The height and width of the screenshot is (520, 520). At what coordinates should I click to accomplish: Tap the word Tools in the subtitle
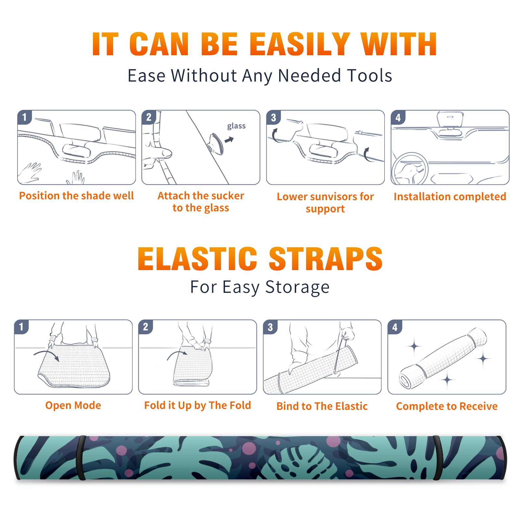pyautogui.click(x=370, y=75)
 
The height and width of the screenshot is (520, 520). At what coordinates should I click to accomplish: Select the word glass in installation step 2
pyautogui.click(x=236, y=126)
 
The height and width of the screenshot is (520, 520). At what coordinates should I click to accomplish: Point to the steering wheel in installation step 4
pyautogui.click(x=409, y=169)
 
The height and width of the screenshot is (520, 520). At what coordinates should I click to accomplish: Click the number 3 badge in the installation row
pyautogui.click(x=273, y=117)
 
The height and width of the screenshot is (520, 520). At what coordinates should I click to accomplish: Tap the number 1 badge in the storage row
pyautogui.click(x=21, y=327)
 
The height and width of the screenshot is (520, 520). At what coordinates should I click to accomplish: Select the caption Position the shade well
pyautogui.click(x=76, y=196)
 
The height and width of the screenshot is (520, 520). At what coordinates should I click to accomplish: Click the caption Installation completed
pyautogui.click(x=450, y=197)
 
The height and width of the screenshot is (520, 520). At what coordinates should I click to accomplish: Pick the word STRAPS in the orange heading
pyautogui.click(x=326, y=259)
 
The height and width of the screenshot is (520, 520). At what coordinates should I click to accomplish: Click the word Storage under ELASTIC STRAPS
pyautogui.click(x=297, y=287)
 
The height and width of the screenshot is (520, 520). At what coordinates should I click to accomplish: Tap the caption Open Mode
pyautogui.click(x=73, y=405)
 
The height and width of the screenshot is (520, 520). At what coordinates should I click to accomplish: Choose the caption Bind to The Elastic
pyautogui.click(x=322, y=406)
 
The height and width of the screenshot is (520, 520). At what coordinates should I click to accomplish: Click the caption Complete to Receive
pyautogui.click(x=447, y=406)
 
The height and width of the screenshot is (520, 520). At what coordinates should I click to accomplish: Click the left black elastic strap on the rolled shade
pyautogui.click(x=81, y=458)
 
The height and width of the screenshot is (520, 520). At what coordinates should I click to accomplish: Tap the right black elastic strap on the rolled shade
pyautogui.click(x=438, y=458)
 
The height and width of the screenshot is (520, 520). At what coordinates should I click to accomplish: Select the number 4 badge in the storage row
pyautogui.click(x=395, y=327)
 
